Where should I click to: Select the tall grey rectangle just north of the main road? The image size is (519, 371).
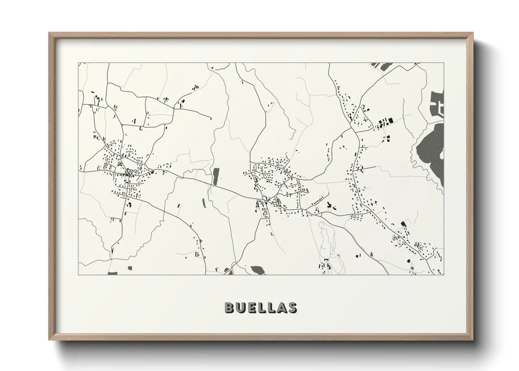click(x=216, y=176)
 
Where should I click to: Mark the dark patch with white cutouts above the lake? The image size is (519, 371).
click(x=437, y=103)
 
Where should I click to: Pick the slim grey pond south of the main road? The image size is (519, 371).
click(x=203, y=202)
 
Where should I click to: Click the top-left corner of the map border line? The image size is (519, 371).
click(x=78, y=63)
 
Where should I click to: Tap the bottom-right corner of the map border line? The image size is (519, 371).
click(x=444, y=275)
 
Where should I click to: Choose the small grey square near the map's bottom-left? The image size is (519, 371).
click(x=130, y=268)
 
